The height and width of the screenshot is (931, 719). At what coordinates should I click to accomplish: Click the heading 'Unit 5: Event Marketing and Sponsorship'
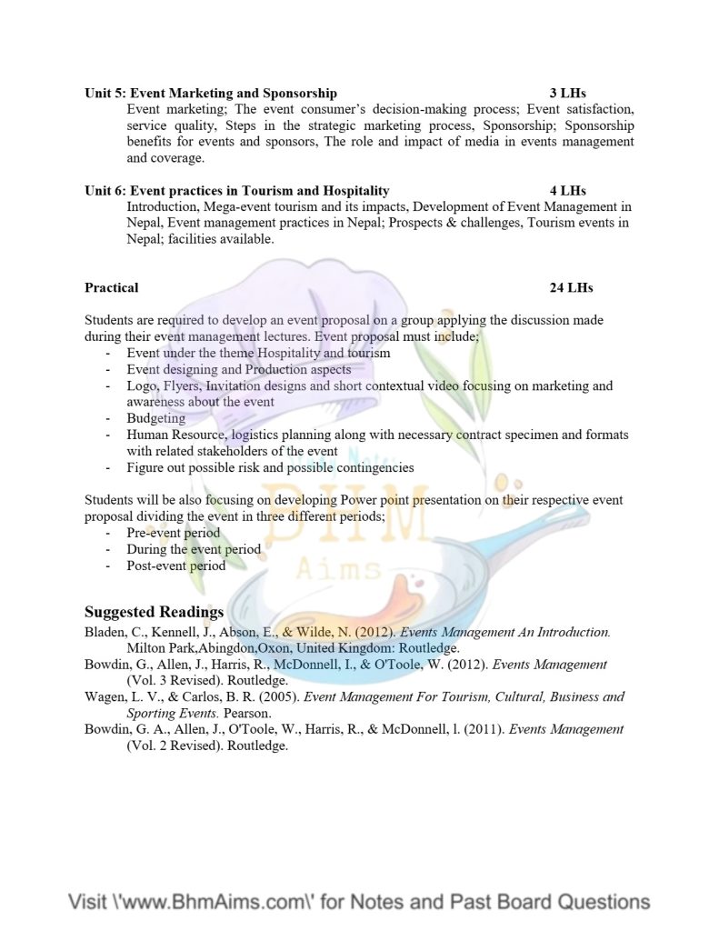pyautogui.click(x=211, y=93)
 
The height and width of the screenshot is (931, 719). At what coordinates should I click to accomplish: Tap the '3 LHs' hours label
pyautogui.click(x=568, y=93)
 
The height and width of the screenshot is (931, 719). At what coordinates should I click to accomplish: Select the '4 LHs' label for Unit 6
pyautogui.click(x=568, y=191)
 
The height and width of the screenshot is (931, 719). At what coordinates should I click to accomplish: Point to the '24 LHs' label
pyautogui.click(x=571, y=287)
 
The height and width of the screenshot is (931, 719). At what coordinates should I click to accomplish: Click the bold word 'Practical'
pyautogui.click(x=112, y=287)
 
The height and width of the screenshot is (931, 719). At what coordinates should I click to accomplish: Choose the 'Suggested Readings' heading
pyautogui.click(x=155, y=612)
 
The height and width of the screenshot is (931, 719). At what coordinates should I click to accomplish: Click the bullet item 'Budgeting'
pyautogui.click(x=156, y=418)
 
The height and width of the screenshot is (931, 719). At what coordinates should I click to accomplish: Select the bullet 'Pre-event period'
pyautogui.click(x=174, y=533)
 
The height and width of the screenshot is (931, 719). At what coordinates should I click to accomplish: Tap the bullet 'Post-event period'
pyautogui.click(x=176, y=566)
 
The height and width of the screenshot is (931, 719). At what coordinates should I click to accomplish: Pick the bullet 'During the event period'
pyautogui.click(x=194, y=549)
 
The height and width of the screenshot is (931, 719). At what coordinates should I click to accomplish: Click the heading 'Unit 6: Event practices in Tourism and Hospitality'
pyautogui.click(x=237, y=191)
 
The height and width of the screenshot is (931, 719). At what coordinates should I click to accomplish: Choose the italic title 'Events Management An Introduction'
pyautogui.click(x=504, y=632)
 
